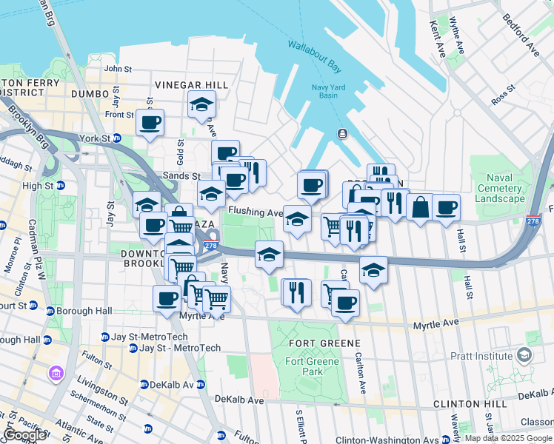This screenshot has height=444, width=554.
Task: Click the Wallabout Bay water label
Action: pos(315,56)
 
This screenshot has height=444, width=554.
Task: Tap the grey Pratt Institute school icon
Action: pos(524,356)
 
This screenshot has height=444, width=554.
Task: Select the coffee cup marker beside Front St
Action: pos(150,123)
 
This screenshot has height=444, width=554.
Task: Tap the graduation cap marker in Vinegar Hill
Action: pos(201,105)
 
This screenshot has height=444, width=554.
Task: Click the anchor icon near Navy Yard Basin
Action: pos(342,134)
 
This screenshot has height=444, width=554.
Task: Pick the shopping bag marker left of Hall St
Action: pos(420,207)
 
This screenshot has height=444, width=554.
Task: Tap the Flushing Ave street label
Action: pos(256,212)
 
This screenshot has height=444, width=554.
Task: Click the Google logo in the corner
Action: pos(24,435)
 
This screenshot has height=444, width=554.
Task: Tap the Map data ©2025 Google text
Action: pos(508,438)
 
